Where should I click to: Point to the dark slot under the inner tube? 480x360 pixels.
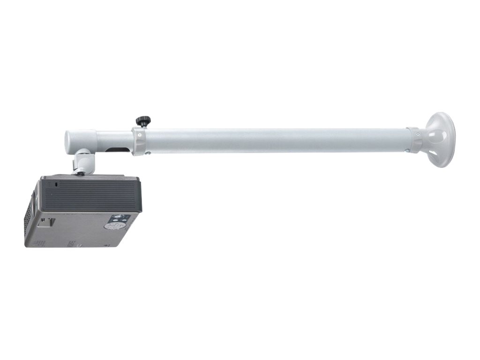pos(118,150)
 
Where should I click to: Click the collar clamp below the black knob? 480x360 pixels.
pos(139,141)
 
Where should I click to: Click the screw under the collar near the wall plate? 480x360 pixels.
pos(407,151)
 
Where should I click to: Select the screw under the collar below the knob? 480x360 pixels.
pos(148,152)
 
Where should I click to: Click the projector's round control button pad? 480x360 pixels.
pos(112,226)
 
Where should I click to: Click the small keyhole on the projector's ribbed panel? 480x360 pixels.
pos(57,185)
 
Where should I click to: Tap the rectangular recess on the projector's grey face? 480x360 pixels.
pos(46,221)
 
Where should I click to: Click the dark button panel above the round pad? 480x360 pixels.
pos(119,218)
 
